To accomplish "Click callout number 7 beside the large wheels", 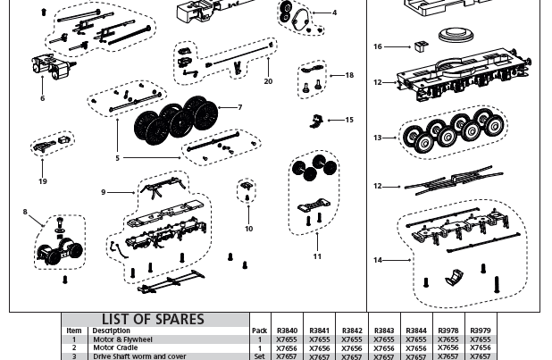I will pos(239,108).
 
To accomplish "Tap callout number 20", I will pos(268,81).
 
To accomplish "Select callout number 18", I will pos(349,76).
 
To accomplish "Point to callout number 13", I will pos(378,138).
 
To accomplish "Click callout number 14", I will pos(378,260).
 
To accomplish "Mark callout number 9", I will pos(104,192).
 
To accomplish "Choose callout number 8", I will pos(25,213).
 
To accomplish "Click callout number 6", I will pos(42,98).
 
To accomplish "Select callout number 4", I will pos(334,13).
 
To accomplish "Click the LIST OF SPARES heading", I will pos(153,319).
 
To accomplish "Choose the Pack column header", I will pos(260,331).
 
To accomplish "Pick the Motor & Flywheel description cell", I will pos(122,339).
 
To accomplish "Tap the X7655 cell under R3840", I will pos(287,339).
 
